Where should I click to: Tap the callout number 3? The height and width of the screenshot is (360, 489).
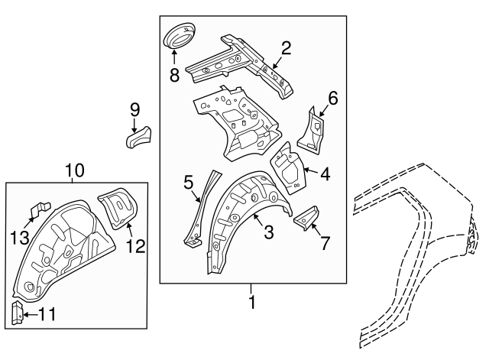[268, 232]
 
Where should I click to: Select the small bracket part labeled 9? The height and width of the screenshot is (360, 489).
[139, 138]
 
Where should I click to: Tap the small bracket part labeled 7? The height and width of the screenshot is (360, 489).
[306, 218]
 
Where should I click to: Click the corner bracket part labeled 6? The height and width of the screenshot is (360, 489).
[312, 128]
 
